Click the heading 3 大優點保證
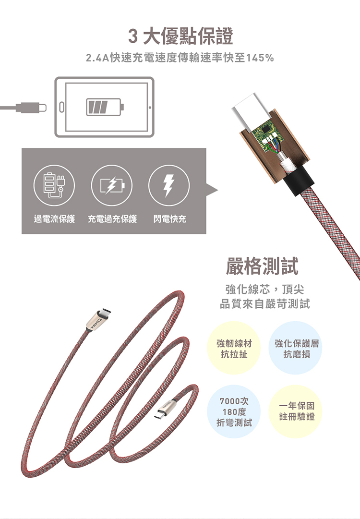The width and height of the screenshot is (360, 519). (180, 36)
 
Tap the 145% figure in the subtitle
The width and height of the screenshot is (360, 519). (260, 58)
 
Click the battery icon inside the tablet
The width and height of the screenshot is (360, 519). (105, 107)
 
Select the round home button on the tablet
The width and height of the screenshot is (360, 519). (60, 108)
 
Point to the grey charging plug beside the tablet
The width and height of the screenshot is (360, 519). (23, 108)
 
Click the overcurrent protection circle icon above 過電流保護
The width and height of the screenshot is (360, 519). (54, 185)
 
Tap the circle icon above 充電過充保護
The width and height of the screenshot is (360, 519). (112, 185)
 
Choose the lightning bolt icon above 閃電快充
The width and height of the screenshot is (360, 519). (169, 185)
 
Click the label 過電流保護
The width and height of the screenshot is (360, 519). (54, 219)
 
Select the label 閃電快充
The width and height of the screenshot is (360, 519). (170, 219)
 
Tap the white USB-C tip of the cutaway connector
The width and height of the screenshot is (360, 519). (249, 109)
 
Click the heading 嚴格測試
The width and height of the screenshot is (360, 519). (262, 266)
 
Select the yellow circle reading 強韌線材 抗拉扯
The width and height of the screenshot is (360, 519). (234, 348)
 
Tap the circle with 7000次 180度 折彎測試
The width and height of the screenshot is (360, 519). (234, 412)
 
